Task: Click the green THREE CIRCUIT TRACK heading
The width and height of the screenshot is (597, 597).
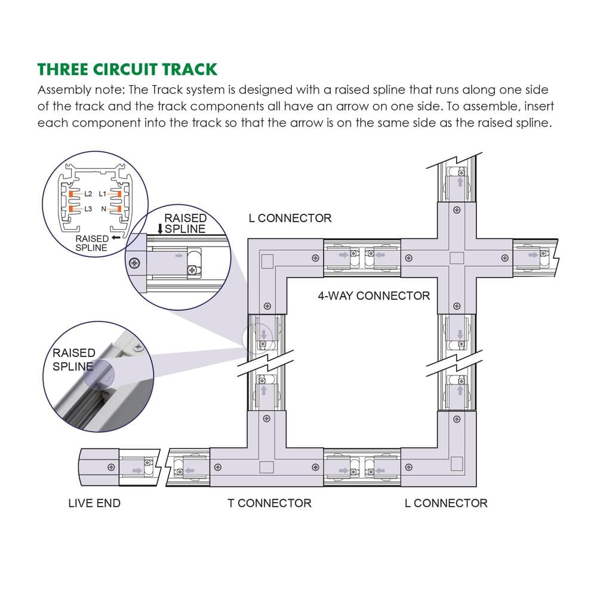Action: point(127,69)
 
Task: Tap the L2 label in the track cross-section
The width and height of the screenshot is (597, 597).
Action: point(88,194)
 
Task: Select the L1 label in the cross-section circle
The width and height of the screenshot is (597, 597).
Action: point(103,194)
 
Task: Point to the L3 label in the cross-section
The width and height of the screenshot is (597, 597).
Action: point(88,209)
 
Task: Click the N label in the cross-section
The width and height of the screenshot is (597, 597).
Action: point(104,209)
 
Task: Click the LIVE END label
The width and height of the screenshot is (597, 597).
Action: point(94,503)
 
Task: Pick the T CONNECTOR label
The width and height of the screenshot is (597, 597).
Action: point(269,503)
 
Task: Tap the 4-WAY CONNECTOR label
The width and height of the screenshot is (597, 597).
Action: point(374,296)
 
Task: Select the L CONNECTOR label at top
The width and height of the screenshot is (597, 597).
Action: point(290,219)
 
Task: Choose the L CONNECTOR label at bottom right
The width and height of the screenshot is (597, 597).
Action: point(446,503)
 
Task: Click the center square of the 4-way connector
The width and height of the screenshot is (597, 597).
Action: point(457,258)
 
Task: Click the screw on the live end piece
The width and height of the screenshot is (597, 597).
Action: point(110,466)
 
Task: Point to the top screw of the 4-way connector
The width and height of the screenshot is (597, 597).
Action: point(457,210)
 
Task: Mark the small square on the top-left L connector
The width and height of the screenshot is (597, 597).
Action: point(267,261)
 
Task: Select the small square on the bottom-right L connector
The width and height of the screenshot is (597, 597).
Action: point(457,463)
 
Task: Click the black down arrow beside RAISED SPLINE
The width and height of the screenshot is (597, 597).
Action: point(160,229)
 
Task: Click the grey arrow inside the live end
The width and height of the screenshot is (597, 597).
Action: point(137,471)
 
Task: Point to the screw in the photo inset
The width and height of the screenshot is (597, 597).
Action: point(139,346)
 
